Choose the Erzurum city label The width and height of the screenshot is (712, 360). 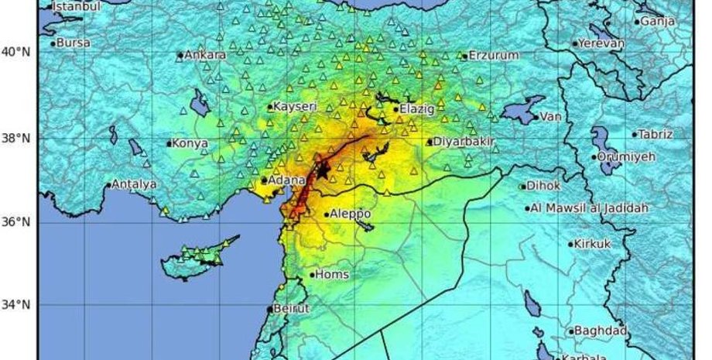493,56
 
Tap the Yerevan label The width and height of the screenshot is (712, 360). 601,43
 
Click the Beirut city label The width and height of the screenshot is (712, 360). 291,308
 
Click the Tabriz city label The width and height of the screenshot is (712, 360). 656,134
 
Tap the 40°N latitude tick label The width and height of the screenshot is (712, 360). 15,53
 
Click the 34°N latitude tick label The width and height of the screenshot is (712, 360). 15,305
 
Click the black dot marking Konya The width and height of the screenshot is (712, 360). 169,143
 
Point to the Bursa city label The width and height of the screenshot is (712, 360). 74,43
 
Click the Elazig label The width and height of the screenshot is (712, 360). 417,109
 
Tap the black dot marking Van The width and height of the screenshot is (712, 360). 536,118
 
